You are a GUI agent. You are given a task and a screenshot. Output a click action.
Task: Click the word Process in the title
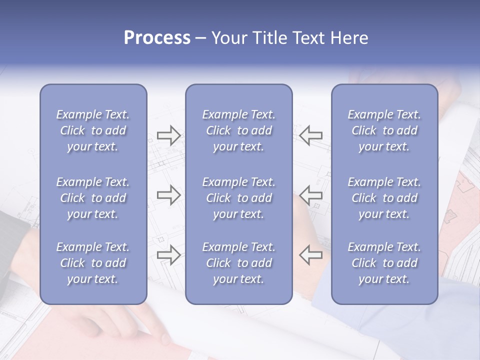point(157,38)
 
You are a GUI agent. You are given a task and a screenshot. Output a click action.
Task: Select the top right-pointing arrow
point(168,135)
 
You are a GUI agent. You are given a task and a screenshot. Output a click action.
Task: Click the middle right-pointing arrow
point(168,195)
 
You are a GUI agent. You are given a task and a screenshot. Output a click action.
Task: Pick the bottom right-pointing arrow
point(168,254)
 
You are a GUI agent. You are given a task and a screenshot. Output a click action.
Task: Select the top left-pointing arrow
point(311,135)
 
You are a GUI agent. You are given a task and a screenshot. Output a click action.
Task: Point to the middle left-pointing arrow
point(311,195)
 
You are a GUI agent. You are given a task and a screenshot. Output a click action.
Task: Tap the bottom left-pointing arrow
point(311,254)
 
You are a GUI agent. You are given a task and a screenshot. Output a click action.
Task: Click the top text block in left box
point(93,130)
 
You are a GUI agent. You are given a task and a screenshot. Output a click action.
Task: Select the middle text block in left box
point(93,198)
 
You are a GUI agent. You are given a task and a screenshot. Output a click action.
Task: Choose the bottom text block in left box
point(93,263)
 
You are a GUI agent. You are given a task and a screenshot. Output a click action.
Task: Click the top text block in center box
point(238,130)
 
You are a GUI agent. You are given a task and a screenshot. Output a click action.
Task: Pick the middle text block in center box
point(238,198)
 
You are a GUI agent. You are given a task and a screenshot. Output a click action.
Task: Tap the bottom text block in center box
point(238,263)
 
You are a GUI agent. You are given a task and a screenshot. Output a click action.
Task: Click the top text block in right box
point(384,130)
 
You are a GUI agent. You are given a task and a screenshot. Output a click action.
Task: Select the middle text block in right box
point(384,198)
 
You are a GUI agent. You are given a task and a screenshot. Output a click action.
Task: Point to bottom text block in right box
point(384,263)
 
